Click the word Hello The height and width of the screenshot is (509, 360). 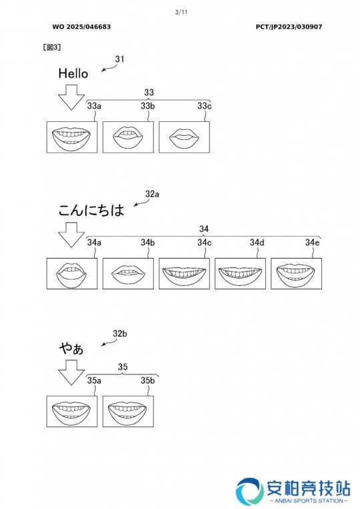point(73,73)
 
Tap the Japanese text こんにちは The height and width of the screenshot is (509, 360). point(91,210)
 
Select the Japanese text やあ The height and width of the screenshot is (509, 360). point(71,348)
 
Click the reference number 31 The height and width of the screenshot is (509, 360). point(119,59)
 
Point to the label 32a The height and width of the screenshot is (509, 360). point(152,194)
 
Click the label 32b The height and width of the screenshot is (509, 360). point(120,333)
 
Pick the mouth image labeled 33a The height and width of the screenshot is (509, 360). point(72,137)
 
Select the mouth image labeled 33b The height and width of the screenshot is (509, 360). point(128,137)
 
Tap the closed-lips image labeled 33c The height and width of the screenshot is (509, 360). point(184,137)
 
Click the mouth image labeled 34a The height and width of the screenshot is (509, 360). point(72,273)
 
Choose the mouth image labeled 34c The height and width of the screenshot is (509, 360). point(184,273)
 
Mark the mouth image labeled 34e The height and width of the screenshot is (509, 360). point(296,273)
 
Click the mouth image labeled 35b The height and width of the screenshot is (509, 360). point(128,411)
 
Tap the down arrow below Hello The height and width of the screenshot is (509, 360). point(71,97)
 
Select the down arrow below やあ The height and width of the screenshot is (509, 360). point(71,372)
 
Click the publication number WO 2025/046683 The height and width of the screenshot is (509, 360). point(81,27)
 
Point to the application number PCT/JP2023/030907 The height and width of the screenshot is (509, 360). point(289,27)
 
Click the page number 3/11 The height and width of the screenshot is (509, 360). point(181,13)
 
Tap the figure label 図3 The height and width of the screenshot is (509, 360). point(52,47)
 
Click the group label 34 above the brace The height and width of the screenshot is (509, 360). point(204,229)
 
